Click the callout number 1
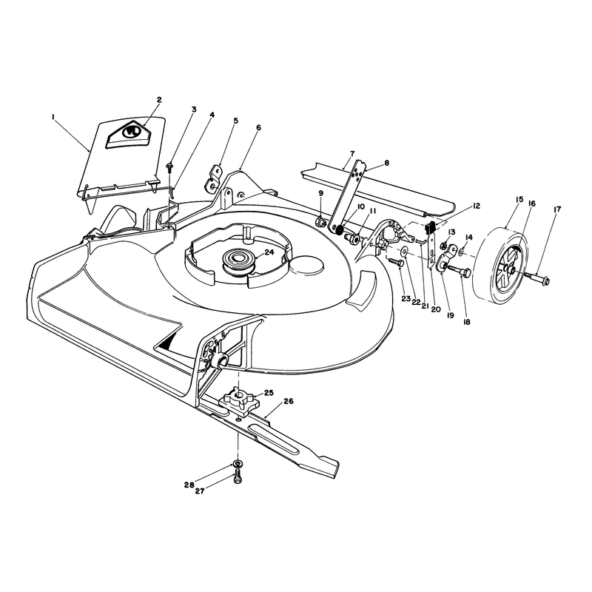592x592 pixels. pos(53,118)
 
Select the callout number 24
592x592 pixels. pos(269,252)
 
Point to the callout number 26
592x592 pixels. pos(288,401)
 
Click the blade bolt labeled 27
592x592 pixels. pos(237,477)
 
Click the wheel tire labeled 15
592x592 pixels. pos(500,266)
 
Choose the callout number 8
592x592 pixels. pos(386,163)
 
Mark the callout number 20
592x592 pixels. pos(435,309)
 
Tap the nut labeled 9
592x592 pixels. pos(322,221)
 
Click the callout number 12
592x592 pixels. pos(476,206)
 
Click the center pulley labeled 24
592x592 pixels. pos(238,262)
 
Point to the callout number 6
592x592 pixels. pos(258,128)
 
